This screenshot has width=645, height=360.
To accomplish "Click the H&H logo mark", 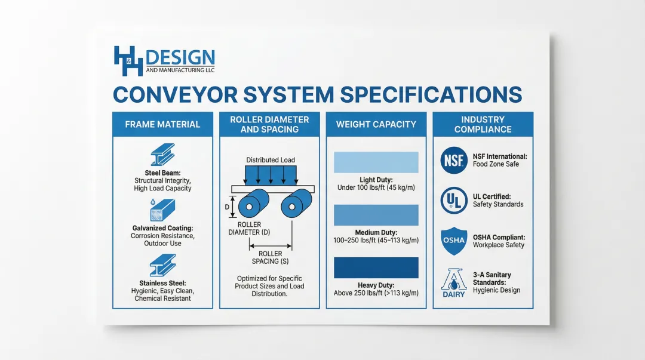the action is [128, 61].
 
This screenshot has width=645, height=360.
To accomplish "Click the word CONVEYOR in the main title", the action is [175, 95].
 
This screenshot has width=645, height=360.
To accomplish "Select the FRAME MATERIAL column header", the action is [162, 124].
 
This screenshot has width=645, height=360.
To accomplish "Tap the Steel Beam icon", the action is [162, 154].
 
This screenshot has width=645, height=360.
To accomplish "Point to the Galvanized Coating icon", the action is [162, 210].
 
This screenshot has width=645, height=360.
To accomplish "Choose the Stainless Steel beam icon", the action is [162, 264].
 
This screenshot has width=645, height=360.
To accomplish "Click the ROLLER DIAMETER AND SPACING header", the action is [269, 124].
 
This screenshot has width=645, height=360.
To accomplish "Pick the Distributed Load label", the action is [271, 160].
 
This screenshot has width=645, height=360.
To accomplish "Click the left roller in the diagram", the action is [253, 203].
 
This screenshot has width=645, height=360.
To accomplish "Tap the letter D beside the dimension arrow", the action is [227, 207].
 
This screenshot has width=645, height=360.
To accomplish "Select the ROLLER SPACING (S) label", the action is [271, 257].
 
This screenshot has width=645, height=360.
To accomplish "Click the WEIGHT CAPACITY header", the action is [376, 124].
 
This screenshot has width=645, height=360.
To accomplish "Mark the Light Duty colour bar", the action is [376, 162].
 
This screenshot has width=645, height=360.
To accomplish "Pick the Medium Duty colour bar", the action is [376, 215].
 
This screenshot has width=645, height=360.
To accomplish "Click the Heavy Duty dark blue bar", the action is [376, 268].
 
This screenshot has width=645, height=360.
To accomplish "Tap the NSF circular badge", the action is [454, 161].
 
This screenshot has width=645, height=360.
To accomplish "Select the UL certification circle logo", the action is [454, 201].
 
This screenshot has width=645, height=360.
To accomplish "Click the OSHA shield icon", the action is [454, 241].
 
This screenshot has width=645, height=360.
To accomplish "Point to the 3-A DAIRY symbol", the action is [454, 283].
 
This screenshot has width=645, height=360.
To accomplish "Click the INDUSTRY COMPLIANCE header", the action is [483, 124].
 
